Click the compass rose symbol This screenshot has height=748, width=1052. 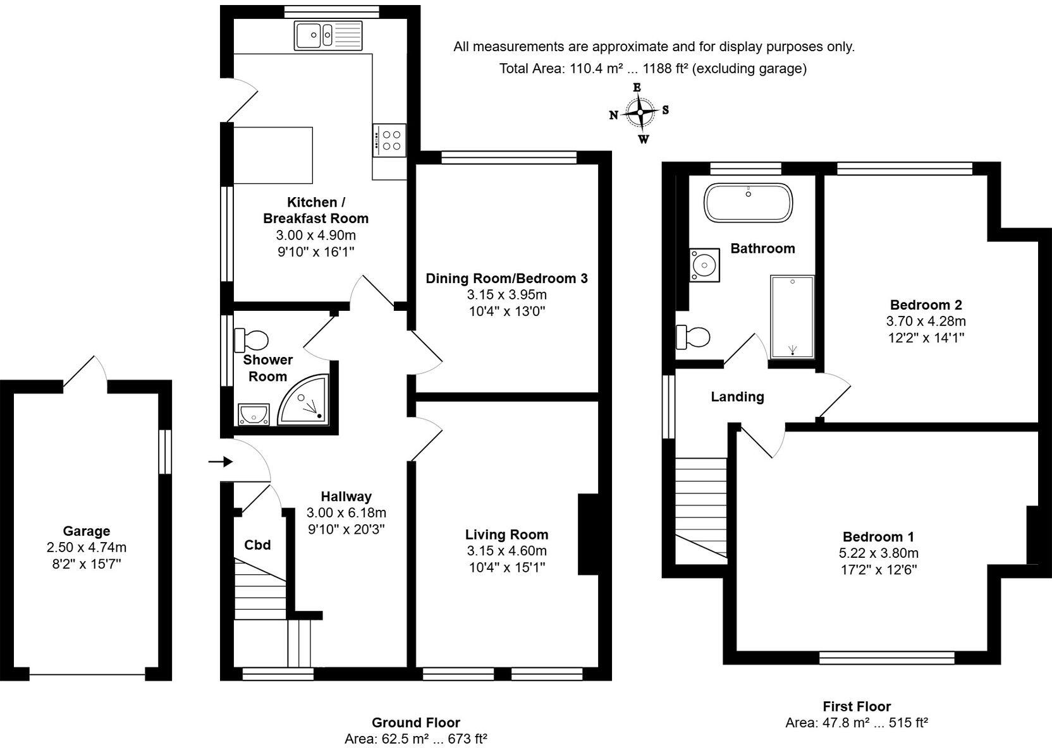(640, 113)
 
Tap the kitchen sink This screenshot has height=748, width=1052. (328, 35)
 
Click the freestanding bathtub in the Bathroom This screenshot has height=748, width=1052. (748, 202)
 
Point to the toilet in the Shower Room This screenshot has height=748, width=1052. (252, 340)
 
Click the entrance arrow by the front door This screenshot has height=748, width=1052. (219, 462)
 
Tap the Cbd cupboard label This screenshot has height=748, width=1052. (257, 545)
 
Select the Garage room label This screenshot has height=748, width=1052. (86, 531)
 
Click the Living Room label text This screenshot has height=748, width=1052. (506, 534)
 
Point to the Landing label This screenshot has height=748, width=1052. (737, 397)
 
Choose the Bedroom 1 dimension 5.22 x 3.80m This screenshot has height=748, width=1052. (878, 553)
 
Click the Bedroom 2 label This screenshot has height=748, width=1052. (926, 305)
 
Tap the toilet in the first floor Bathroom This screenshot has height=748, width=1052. (694, 337)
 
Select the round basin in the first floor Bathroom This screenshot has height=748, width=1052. (704, 264)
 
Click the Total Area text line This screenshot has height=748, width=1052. (652, 68)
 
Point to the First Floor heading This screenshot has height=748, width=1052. (856, 706)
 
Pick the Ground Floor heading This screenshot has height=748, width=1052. (415, 722)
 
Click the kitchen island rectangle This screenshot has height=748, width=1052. (273, 155)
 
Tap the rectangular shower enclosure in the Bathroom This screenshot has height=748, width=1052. (792, 316)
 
